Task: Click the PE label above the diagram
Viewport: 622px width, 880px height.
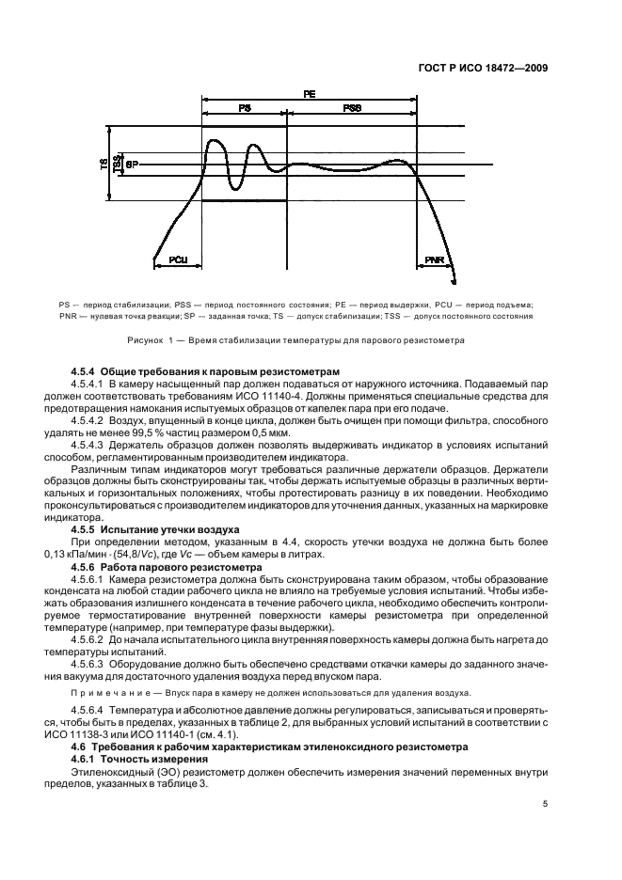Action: (310, 95)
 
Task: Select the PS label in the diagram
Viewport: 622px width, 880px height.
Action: (244, 110)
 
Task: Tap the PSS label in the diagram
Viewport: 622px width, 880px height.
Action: (352, 110)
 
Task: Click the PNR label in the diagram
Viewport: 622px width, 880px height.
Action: (434, 259)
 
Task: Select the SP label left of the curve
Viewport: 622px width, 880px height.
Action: (132, 163)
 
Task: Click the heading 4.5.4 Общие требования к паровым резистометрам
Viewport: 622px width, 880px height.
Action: (204, 373)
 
